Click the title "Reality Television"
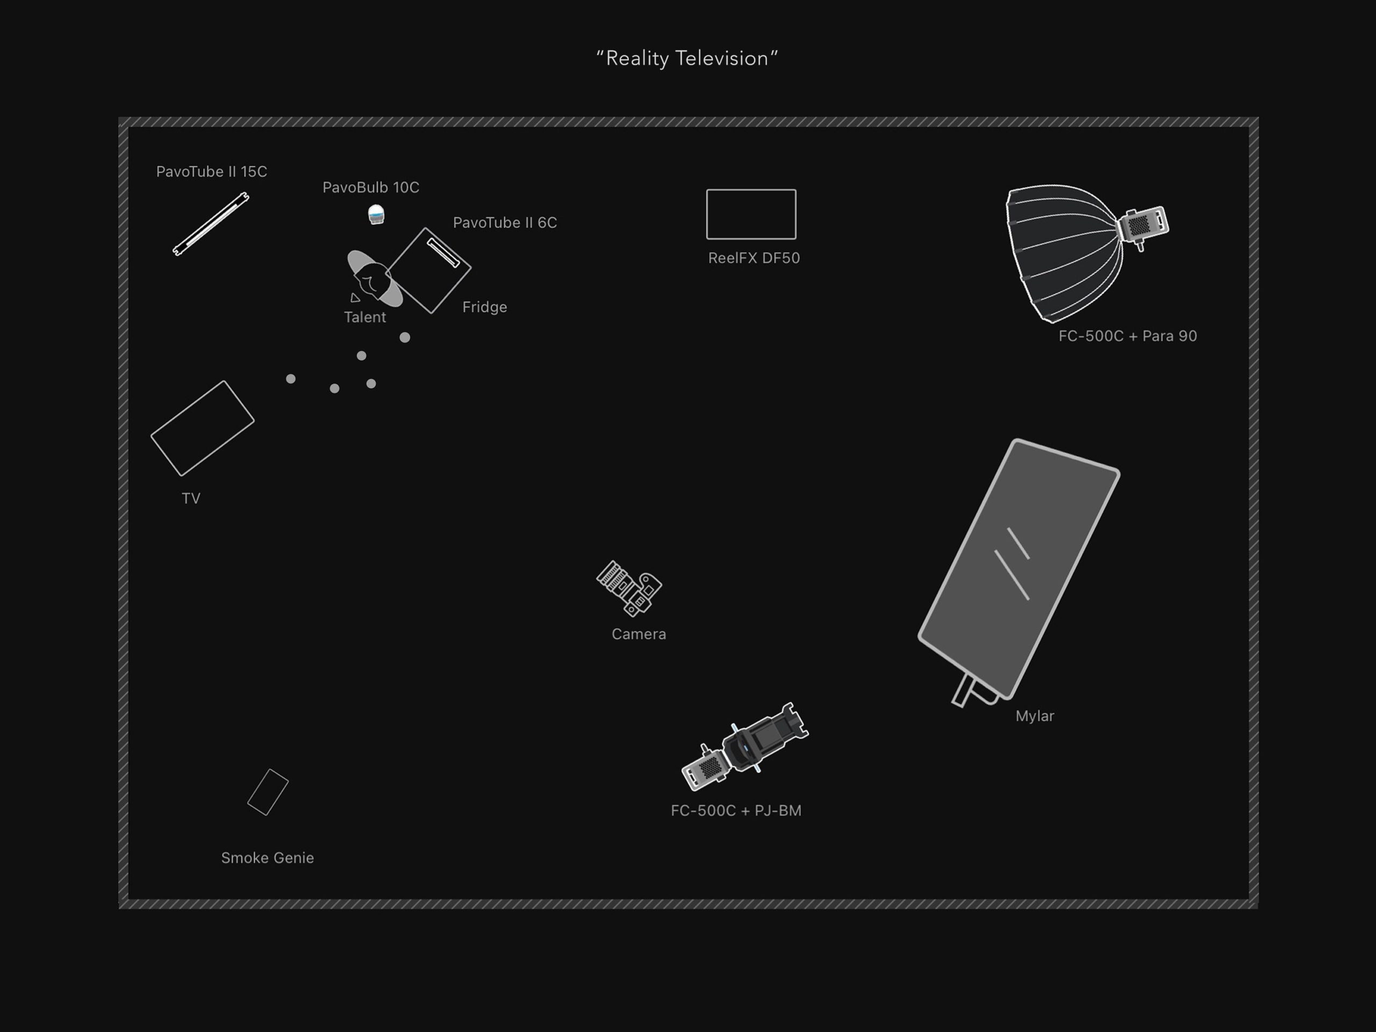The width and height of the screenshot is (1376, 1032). (x=687, y=59)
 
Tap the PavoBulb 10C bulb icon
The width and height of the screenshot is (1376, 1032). (x=376, y=214)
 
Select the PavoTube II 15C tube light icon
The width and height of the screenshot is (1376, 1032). (x=211, y=224)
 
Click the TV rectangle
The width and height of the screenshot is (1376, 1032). (x=203, y=428)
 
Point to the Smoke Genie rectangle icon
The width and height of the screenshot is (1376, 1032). (x=268, y=792)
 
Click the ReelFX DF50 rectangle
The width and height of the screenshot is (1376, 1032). (x=751, y=214)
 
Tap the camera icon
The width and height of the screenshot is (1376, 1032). (x=629, y=588)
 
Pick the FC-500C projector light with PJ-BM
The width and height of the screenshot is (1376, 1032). (x=745, y=746)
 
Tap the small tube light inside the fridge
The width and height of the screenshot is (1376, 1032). (x=443, y=253)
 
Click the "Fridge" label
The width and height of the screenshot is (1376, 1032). (x=485, y=307)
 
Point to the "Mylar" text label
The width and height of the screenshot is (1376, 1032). (x=1035, y=716)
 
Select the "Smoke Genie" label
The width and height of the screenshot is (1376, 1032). (x=268, y=858)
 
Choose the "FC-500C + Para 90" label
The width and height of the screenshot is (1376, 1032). (x=1128, y=336)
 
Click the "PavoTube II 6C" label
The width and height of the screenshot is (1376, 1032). (x=505, y=222)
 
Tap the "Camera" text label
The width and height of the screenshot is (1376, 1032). (x=639, y=634)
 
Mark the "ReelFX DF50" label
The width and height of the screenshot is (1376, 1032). (x=754, y=258)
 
